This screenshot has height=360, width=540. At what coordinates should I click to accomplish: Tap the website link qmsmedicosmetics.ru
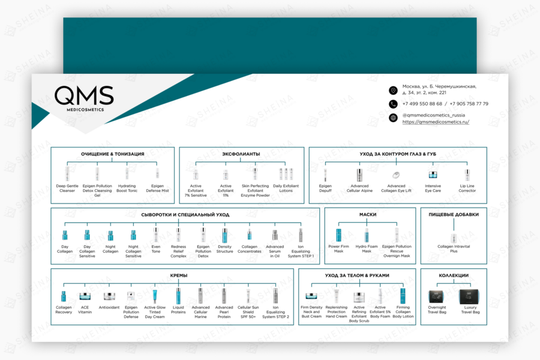436,122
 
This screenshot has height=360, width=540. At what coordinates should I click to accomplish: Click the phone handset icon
393,104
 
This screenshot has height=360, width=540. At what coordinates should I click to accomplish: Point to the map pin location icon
393,90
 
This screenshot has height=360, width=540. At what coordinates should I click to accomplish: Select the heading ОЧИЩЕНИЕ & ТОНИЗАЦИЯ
113,154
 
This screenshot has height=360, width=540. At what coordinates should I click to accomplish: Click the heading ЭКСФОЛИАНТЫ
241,154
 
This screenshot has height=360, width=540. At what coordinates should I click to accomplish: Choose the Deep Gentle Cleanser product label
67,188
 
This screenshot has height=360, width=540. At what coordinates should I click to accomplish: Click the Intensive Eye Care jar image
433,175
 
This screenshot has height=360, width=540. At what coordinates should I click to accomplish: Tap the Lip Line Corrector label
467,188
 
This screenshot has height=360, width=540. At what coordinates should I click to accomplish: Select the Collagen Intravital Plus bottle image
454,238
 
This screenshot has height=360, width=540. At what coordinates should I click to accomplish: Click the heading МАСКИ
368,214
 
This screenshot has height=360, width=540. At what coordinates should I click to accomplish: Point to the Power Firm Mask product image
338,235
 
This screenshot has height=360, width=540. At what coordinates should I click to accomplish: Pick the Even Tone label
156,249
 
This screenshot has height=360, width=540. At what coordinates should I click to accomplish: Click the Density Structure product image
225,235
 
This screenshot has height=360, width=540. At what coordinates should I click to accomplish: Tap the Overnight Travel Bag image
437,296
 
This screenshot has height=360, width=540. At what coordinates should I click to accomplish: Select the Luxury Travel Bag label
470,310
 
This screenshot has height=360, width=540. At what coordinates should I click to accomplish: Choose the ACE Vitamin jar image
85,296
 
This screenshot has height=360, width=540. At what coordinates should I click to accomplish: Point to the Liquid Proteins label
178,310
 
